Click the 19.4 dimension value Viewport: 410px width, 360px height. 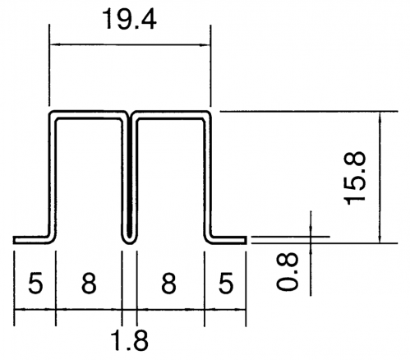tap(129, 19)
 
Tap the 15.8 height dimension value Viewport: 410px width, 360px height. tap(356, 178)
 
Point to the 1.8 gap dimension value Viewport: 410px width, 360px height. tap(131, 340)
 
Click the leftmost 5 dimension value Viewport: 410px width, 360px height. tap(35, 283)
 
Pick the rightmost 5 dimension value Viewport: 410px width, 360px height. tap(226, 283)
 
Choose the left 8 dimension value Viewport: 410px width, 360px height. tap(89, 283)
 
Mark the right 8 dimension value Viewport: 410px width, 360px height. tap(168, 283)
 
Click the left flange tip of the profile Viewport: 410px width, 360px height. tap(14, 240)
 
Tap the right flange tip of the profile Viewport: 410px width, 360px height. tap(246, 240)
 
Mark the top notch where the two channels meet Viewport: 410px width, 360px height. tap(130, 113)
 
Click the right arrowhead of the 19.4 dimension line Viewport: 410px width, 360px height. tap(207, 44)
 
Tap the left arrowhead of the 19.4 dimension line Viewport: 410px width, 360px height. tap(53, 44)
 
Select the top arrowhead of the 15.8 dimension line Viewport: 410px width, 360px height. tap(380, 116)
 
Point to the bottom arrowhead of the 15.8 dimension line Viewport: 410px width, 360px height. tap(380, 239)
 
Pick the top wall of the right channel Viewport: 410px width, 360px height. tap(170, 114)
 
